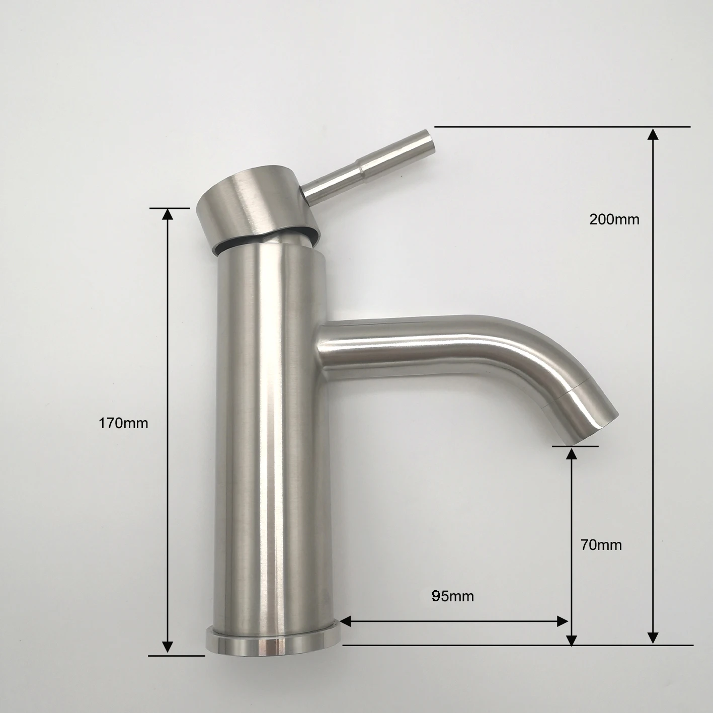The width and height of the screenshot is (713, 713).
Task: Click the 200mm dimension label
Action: click(614, 219)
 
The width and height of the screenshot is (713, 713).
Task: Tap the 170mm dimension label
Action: click(123, 423)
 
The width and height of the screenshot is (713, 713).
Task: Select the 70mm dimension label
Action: click(601, 545)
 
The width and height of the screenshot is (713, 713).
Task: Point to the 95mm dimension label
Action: click(452, 596)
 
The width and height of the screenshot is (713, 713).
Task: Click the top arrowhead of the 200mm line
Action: click(653, 134)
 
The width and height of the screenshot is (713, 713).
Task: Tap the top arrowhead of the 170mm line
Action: click(168, 214)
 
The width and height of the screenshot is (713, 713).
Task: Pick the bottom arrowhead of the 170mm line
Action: click(168, 648)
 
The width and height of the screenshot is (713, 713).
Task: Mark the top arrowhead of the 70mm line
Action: click(571, 453)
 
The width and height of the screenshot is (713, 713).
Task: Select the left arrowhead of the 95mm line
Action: click(347, 622)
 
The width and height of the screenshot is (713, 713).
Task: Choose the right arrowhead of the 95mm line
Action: click(563, 622)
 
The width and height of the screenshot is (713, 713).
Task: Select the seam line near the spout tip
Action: click(571, 390)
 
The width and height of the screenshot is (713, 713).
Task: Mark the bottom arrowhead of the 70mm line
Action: click(571, 639)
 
